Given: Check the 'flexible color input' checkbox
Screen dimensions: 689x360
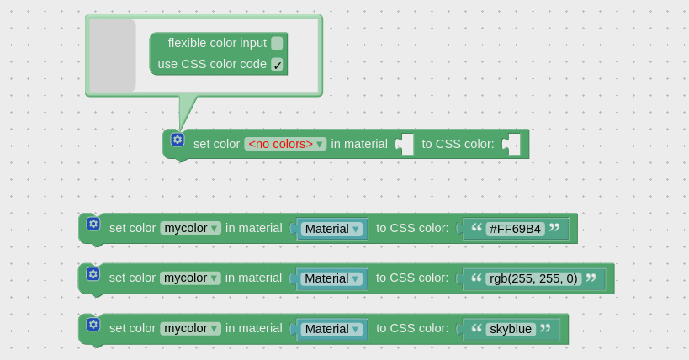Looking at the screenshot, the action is coord(277,43).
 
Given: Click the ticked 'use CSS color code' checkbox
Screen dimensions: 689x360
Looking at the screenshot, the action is coord(277,65).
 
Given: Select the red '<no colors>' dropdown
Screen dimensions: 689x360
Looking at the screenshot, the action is coord(285,144).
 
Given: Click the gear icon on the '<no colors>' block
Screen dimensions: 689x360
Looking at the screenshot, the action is coord(178,140).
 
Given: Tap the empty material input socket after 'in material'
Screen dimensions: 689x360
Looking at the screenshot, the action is coord(405,144).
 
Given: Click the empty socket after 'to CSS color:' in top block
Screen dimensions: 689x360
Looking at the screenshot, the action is coord(511,144).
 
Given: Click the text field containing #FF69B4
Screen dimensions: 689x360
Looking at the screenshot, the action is coord(515,229).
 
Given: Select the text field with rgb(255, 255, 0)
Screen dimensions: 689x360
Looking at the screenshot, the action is coord(533,278).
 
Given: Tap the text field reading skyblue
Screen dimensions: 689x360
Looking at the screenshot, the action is coord(511,329).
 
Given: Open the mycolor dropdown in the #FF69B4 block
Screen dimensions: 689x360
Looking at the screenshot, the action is coord(190,228).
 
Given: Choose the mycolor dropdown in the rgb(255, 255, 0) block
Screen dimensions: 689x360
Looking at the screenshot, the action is coord(190,278).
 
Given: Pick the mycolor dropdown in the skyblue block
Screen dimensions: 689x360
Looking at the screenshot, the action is coord(190,328).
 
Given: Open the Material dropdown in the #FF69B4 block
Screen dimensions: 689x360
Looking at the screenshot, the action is coord(331,229).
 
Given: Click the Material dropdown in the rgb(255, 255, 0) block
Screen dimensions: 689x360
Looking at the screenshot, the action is coord(331,278).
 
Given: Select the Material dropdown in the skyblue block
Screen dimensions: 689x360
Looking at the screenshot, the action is coord(331,329).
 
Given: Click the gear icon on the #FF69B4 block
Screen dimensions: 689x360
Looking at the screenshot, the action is coord(93,224).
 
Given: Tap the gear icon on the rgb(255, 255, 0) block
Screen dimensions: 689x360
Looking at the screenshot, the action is coord(93,274).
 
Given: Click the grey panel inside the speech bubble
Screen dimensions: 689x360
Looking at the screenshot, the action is coord(113,56).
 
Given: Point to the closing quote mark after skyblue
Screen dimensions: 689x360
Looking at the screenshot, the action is coord(545,328).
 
